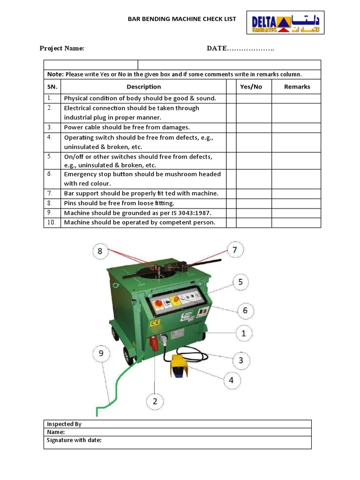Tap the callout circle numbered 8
100,251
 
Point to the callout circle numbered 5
240,282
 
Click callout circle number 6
245,310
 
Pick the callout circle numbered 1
243,334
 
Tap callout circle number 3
241,360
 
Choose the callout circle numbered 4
231,380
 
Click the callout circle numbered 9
101,354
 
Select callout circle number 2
155,401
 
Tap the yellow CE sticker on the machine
155,323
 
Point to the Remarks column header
297,87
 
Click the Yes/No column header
251,87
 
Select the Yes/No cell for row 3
254,127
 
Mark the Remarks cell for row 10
296,223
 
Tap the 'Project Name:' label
62,48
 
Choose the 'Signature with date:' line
74,440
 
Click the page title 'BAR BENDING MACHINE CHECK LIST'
182,19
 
